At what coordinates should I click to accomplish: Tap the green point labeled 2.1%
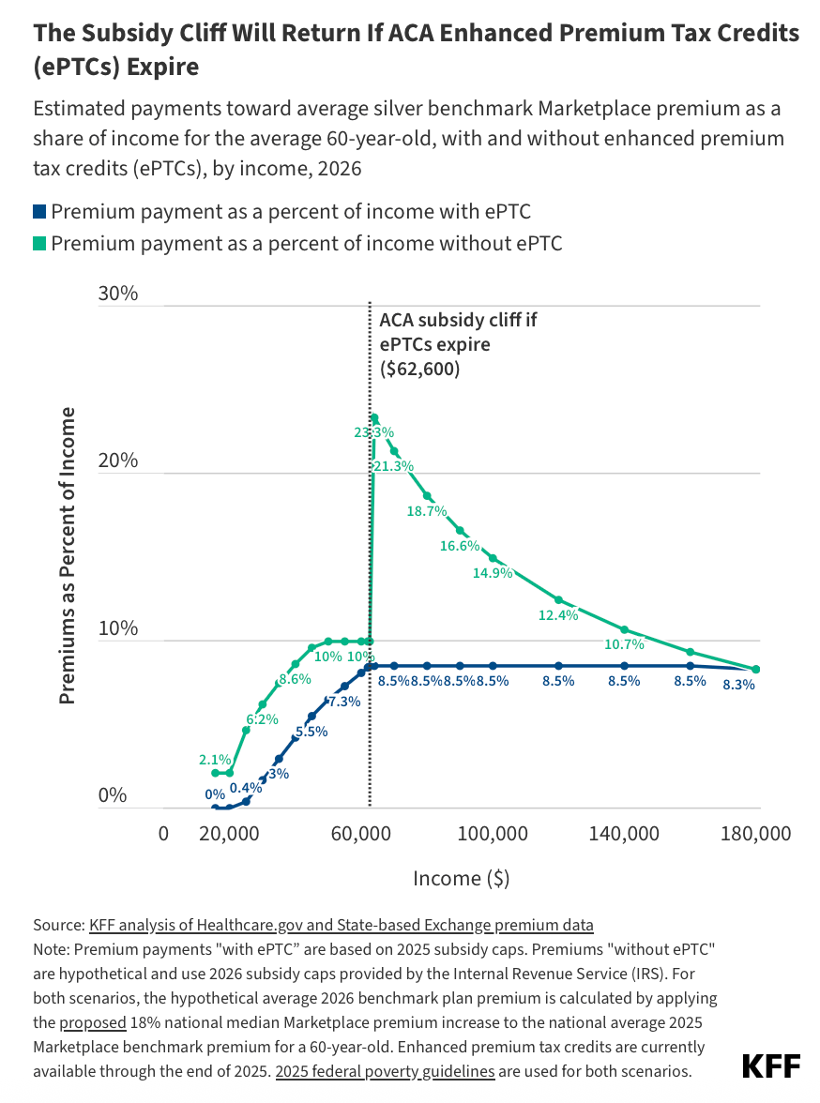point(215,773)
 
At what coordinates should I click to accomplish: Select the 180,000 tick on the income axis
point(756,834)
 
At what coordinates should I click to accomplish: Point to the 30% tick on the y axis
point(118,294)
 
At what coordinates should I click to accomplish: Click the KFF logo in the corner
point(771,1066)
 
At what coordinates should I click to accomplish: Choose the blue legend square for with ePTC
point(39,212)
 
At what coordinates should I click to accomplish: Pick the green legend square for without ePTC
point(39,244)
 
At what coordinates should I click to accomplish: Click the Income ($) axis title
point(461,878)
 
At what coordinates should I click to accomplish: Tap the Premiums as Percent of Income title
point(68,554)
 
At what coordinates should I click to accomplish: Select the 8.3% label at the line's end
point(738,685)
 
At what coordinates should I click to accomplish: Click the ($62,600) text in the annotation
point(419,369)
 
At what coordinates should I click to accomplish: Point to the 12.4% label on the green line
point(559,615)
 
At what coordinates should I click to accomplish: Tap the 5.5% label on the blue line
point(311,732)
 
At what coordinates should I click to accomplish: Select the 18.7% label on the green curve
point(427,511)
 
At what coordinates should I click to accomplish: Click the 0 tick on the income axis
point(163,834)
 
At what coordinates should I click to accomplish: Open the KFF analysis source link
point(342,925)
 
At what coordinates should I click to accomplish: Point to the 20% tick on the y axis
point(118,461)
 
